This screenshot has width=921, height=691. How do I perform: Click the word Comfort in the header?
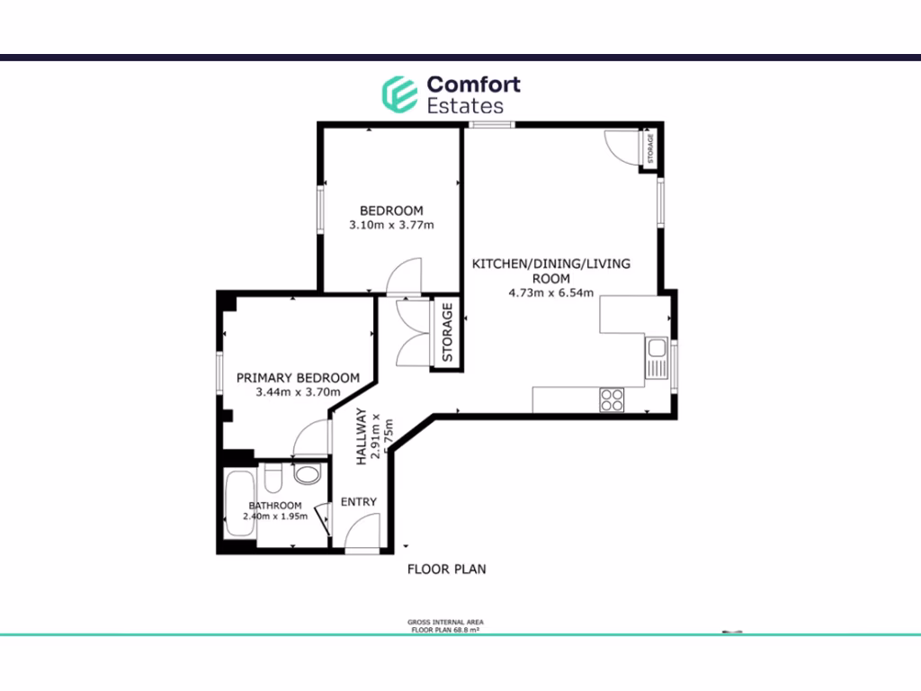click(473, 85)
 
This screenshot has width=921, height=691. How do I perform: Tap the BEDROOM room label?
click(391, 211)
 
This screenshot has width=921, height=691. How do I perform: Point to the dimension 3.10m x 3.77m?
click(391, 225)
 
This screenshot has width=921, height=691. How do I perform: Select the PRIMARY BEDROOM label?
click(298, 378)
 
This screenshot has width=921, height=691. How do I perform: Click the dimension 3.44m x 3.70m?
click(298, 392)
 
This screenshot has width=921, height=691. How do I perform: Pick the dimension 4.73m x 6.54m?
click(552, 292)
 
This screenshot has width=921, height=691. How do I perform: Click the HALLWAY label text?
click(362, 436)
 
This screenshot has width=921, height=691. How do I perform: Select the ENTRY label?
click(359, 501)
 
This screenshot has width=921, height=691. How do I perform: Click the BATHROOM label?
click(275, 506)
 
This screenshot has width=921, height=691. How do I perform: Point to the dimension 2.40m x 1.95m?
click(275, 516)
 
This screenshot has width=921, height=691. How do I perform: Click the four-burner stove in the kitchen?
click(613, 399)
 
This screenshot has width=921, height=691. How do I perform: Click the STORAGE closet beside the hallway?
click(447, 333)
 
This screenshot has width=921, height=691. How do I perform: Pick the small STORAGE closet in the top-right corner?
click(650, 148)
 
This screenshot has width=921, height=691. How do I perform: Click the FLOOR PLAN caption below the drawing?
click(447, 569)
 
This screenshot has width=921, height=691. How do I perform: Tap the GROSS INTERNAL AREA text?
click(446, 623)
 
